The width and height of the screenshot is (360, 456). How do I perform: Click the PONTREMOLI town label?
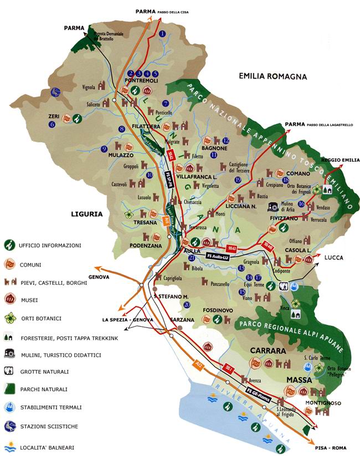pyautogui.click(x=142, y=81)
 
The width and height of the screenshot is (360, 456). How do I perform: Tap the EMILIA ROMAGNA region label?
pyautogui.click(x=272, y=76)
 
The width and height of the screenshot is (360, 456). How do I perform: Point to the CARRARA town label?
pyautogui.click(x=267, y=351)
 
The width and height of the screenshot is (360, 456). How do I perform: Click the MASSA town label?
pyautogui.click(x=299, y=380)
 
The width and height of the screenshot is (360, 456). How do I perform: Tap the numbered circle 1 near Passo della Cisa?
pyautogui.click(x=162, y=34)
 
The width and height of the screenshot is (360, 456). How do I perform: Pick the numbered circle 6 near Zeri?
pyautogui.click(x=52, y=125)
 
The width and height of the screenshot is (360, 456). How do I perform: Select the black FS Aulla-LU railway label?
pyautogui.click(x=222, y=257)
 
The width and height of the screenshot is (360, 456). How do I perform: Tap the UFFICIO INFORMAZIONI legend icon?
pyautogui.click(x=9, y=245)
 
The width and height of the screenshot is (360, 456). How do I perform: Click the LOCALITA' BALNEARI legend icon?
pyautogui.click(x=9, y=447)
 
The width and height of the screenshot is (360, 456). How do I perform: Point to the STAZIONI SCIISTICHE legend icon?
pyautogui.click(x=9, y=426)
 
